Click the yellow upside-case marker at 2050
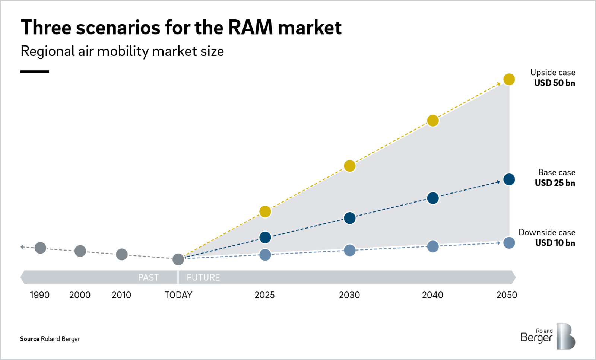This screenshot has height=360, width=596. pos(509,79)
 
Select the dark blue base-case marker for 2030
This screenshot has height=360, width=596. pos(349,218)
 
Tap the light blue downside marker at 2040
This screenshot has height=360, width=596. pos(432,246)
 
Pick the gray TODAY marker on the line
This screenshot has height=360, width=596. pos(178,259)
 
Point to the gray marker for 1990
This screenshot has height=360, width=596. pos(40,248)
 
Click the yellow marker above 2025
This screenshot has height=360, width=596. pos(265,211)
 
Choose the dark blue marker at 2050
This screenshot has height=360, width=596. pos(509,179)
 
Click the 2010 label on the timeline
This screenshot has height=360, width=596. pos(121,295)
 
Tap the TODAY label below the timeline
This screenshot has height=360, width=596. pos(178,295)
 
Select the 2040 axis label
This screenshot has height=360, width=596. pos(432,295)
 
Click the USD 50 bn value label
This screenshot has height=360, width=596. pos(554,83)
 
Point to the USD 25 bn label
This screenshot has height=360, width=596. pos(555,183)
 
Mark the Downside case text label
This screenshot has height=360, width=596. pos(547,232)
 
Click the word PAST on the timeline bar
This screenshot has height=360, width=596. pos(148,277)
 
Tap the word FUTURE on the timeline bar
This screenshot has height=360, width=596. pos(203,277)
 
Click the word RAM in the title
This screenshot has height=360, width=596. pos(250,28)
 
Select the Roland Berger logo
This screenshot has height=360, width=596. pos(548,336)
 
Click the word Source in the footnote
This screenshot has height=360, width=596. pos(29,339)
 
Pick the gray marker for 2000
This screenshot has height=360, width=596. pos(80,251)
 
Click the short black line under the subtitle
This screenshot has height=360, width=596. pos(35,71)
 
